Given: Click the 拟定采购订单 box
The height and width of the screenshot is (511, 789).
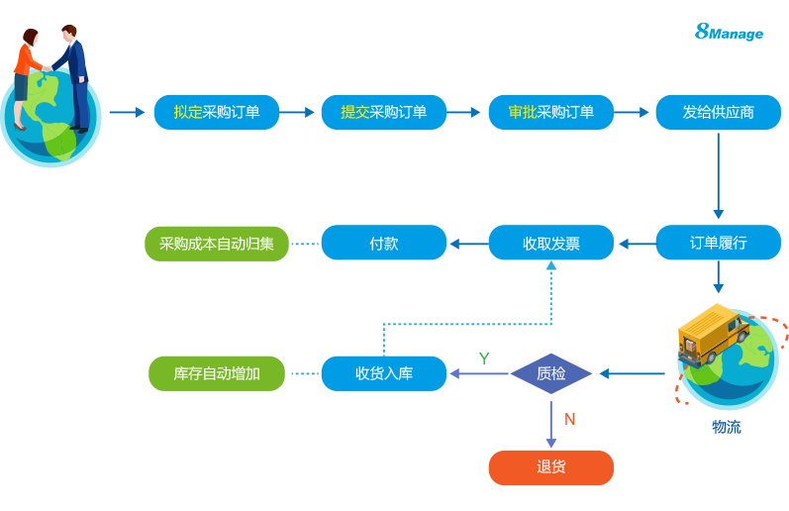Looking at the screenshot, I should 217,112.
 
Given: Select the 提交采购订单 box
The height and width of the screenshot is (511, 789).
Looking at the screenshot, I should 384,112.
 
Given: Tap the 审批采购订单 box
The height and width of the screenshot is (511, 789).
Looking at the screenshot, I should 551,112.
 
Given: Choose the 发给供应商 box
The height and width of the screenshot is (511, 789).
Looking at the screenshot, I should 718,112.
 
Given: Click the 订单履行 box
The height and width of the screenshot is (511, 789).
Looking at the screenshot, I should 718,243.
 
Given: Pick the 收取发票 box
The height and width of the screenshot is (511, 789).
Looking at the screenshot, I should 551,243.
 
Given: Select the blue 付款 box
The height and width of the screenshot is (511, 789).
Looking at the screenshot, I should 384,243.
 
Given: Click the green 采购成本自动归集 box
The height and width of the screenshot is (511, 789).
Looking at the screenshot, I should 217,243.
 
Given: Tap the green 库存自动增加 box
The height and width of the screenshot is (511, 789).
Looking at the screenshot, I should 217,373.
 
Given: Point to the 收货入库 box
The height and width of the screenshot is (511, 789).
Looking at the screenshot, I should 384,373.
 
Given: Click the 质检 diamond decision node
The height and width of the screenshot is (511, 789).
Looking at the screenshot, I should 551,373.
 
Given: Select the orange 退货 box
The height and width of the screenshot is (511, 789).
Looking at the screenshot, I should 551,467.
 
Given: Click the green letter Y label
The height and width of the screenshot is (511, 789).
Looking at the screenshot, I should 484,358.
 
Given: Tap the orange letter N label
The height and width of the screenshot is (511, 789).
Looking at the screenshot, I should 570,419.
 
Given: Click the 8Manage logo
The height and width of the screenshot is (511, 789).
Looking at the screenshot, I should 730,32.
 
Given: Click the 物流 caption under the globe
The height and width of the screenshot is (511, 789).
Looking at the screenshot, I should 726,427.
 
